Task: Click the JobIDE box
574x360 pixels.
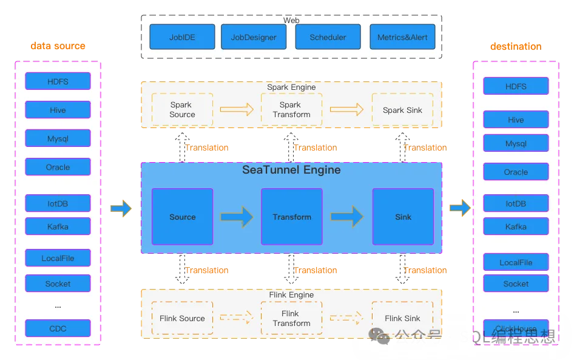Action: (182, 37)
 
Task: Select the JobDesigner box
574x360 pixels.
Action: (254, 37)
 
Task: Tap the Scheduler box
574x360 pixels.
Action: (328, 37)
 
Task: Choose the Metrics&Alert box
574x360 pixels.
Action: (402, 37)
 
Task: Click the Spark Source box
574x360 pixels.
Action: (182, 110)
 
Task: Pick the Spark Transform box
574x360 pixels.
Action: (291, 110)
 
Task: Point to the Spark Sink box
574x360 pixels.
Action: (402, 110)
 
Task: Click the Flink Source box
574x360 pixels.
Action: (182, 318)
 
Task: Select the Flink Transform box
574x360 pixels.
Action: (291, 318)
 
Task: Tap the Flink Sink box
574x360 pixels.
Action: (402, 318)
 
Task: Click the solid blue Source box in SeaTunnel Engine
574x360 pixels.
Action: (182, 217)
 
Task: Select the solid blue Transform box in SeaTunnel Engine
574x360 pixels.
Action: (291, 217)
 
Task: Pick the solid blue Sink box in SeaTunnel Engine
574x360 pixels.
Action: (403, 217)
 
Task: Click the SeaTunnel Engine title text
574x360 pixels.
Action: (291, 170)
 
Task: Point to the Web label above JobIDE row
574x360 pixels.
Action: (291, 20)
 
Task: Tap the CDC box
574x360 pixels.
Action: (58, 328)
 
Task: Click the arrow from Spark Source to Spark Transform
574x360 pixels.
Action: (237, 109)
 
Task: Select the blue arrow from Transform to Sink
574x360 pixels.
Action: (347, 216)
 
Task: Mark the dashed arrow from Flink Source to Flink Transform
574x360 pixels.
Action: (237, 317)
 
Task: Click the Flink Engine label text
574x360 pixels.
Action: (291, 295)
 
